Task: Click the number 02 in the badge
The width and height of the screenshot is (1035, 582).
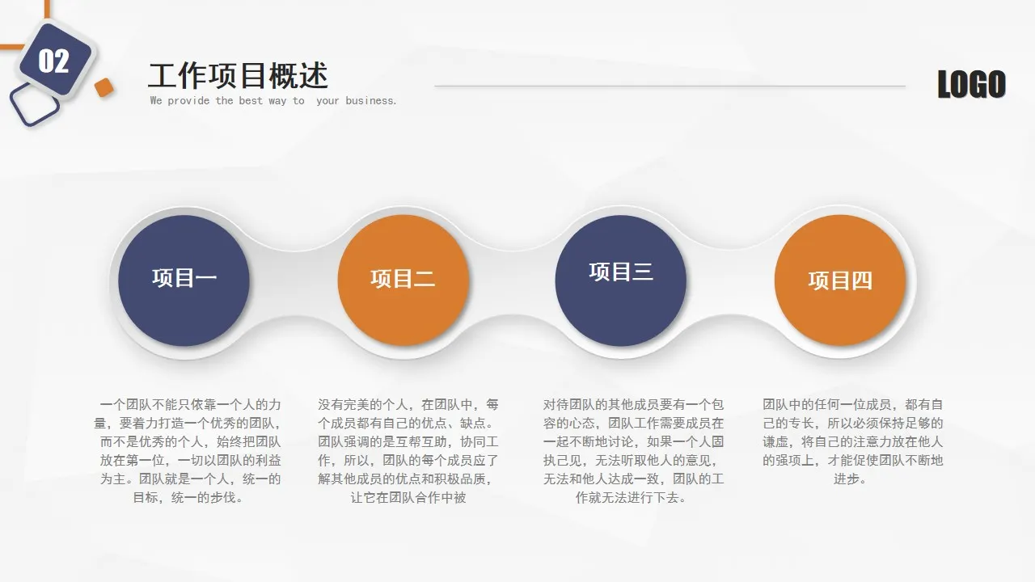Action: [x=53, y=61]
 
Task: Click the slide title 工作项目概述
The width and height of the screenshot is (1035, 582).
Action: [x=238, y=75]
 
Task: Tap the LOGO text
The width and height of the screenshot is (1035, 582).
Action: [x=971, y=85]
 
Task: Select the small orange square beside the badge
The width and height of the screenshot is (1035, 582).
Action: [x=103, y=87]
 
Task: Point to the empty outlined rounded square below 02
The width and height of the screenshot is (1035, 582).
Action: [x=35, y=106]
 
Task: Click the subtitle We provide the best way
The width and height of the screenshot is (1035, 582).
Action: [x=227, y=101]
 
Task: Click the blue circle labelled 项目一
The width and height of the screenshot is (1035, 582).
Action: [x=184, y=280]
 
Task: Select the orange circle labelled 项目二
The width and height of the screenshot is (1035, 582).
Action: [x=403, y=280]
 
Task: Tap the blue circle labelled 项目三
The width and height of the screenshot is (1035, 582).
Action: [x=620, y=280]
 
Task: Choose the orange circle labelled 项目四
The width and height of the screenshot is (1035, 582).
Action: [x=840, y=280]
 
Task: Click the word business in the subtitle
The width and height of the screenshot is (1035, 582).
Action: [x=371, y=101]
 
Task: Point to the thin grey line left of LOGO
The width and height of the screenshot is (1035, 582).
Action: [x=670, y=86]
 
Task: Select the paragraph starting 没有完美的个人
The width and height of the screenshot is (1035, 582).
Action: [x=408, y=450]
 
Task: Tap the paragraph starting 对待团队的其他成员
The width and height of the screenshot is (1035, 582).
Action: [x=633, y=450]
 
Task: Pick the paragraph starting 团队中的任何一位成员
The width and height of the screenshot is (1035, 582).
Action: [x=852, y=441]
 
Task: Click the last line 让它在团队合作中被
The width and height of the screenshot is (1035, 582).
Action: [x=408, y=498]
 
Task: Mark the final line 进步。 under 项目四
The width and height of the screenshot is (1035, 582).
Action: [x=851, y=479]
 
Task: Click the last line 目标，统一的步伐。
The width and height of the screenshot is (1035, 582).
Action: [x=188, y=498]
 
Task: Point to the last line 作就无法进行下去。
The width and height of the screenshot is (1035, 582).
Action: [x=632, y=498]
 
